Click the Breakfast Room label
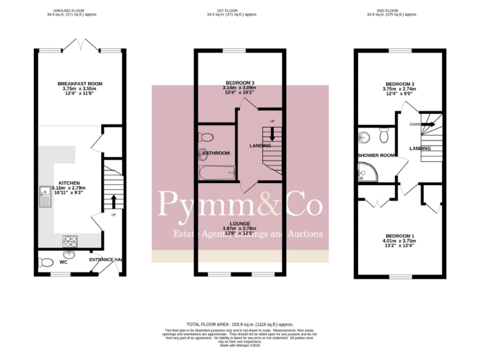click(x=80, y=84)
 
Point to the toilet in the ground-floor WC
click(x=44, y=262)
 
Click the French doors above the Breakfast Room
click(x=80, y=46)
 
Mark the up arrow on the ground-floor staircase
click(x=113, y=201)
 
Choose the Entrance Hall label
click(x=104, y=259)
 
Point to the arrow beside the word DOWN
click(x=428, y=124)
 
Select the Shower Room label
click(x=376, y=155)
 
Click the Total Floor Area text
click(x=239, y=324)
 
